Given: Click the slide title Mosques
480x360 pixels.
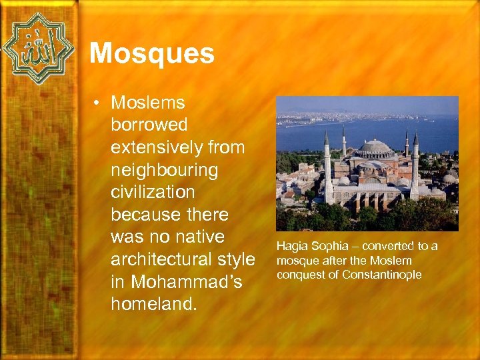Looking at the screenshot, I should (x=152, y=53).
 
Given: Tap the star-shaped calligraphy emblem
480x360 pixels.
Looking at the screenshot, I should (x=38, y=49).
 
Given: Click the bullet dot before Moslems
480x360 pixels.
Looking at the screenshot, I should (x=97, y=103).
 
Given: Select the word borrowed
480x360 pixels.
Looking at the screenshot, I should (x=149, y=125).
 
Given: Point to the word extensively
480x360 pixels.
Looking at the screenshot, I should (x=159, y=148).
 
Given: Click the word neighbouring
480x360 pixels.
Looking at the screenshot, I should (x=165, y=171).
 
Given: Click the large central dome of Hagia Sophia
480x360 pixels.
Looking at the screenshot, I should (x=377, y=148).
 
